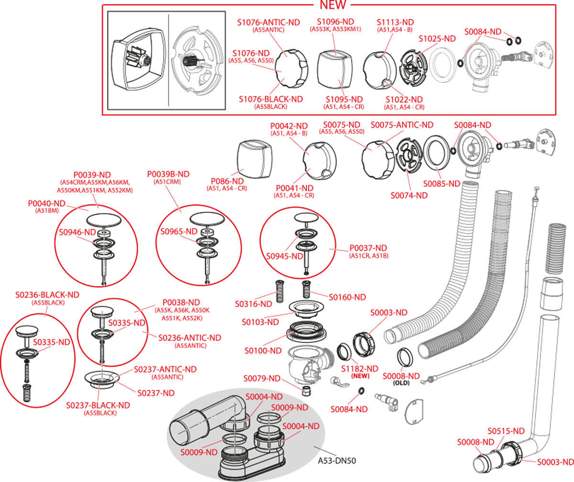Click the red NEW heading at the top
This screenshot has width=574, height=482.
click(x=333, y=5)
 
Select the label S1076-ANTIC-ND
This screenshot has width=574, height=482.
click(x=268, y=22)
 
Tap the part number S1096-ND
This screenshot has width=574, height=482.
click(x=336, y=22)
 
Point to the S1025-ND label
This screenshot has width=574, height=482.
click(x=437, y=39)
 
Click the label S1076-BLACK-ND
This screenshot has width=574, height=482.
click(x=271, y=99)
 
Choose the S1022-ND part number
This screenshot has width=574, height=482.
click(x=404, y=99)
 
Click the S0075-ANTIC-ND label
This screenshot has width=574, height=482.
click(x=402, y=125)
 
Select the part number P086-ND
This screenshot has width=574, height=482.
click(x=227, y=182)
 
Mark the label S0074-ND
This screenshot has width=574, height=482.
click(x=409, y=195)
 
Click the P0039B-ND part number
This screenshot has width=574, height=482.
click(x=168, y=174)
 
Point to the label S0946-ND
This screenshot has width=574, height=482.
click(x=77, y=232)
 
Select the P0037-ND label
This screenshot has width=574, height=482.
click(x=368, y=248)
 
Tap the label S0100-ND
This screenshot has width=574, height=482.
click(x=263, y=351)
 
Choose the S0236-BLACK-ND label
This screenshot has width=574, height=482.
click(x=47, y=295)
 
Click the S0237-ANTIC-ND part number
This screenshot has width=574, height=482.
click(x=165, y=370)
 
